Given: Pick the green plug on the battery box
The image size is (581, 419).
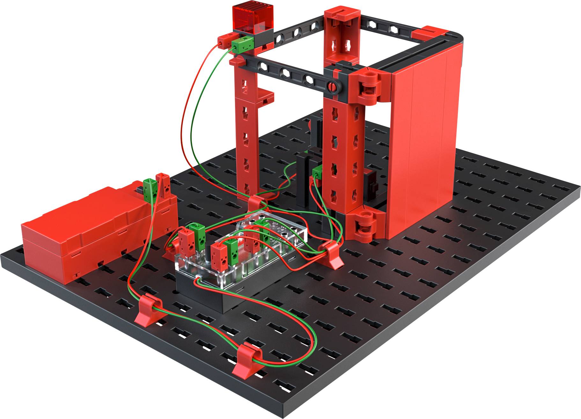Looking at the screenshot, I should click(x=149, y=190).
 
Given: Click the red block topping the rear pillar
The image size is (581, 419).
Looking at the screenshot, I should click(x=342, y=16).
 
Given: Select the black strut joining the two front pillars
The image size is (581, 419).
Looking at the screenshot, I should click(x=287, y=72).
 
